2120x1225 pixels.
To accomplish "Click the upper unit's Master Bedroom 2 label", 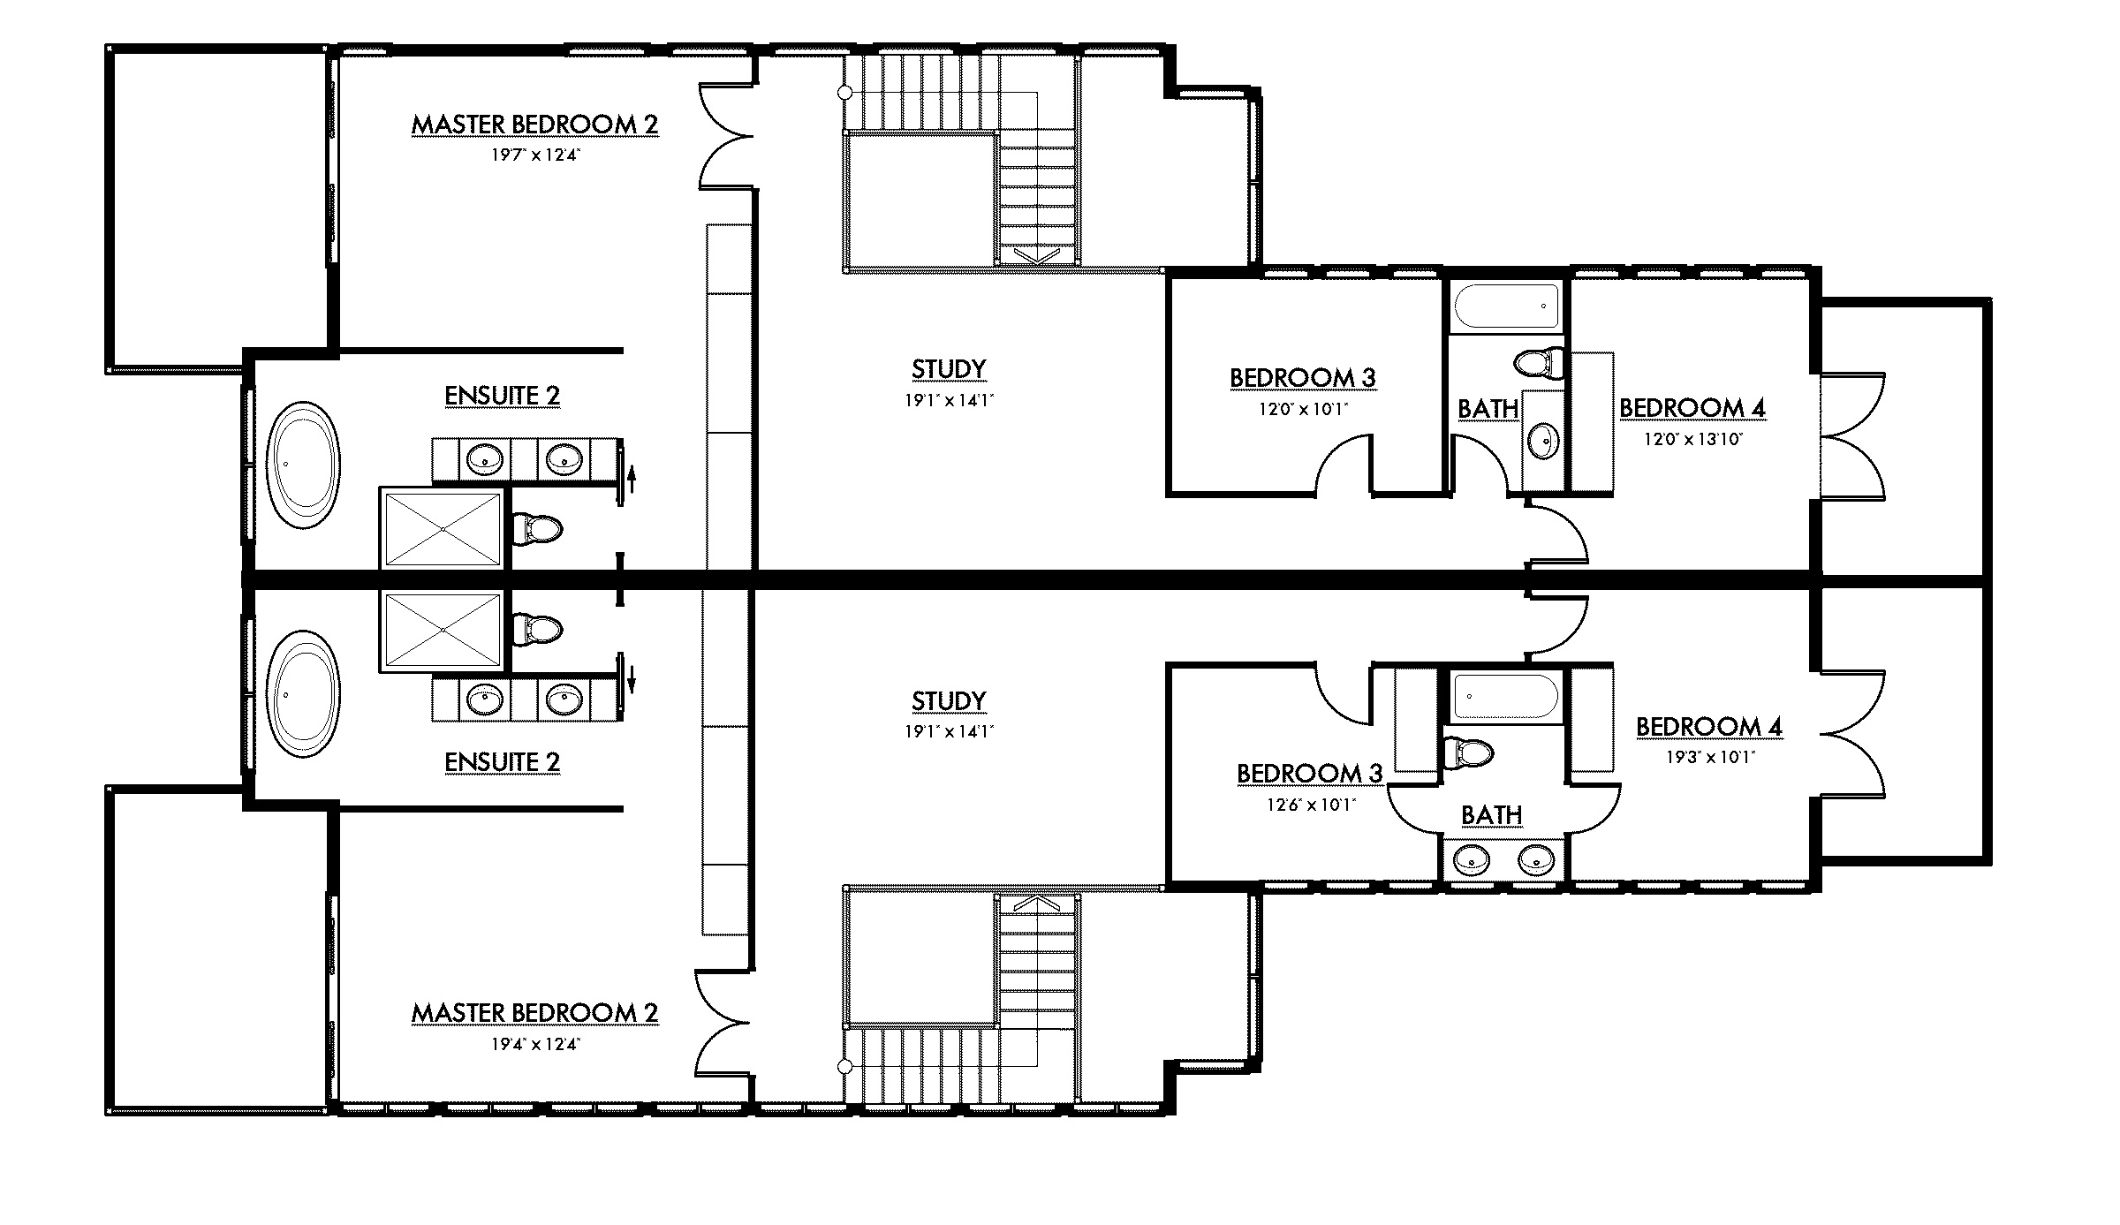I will (x=534, y=125).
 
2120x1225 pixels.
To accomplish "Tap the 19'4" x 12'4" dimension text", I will (x=534, y=1044).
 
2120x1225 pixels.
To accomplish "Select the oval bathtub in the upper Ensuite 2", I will (x=302, y=465).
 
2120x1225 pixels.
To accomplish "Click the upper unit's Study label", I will (x=949, y=369).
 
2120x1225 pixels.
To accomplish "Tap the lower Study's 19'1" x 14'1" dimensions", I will (x=949, y=731).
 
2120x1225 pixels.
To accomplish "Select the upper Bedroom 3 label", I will (x=1303, y=378).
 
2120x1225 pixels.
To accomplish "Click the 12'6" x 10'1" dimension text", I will (x=1309, y=805).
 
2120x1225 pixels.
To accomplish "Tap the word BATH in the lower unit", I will (x=1491, y=814).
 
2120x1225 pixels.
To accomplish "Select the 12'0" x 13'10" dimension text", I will (x=1692, y=439).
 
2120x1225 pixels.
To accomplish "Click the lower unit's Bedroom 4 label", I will (x=1708, y=727).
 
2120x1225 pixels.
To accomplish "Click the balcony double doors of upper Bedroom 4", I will (x=1853, y=435).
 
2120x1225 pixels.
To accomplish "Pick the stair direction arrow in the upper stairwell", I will (x=1038, y=255).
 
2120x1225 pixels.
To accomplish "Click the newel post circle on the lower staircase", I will (x=844, y=1066).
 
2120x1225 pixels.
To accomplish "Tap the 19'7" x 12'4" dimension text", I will (x=534, y=155).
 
